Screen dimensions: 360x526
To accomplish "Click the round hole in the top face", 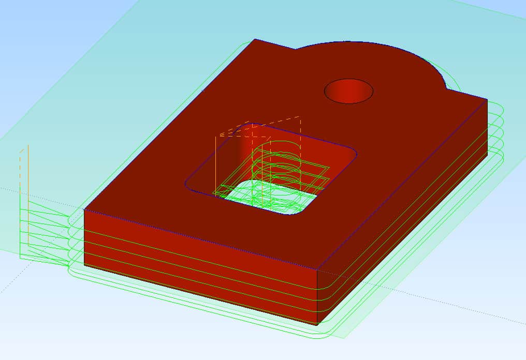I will [348, 91].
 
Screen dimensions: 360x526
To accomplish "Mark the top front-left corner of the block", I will [84, 209].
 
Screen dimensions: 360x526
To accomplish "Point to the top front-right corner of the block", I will [317, 271].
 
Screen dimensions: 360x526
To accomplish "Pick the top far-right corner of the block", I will [487, 99].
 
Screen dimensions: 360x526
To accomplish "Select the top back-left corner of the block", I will [254, 39].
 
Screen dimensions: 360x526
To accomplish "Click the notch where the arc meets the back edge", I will [296, 50].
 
